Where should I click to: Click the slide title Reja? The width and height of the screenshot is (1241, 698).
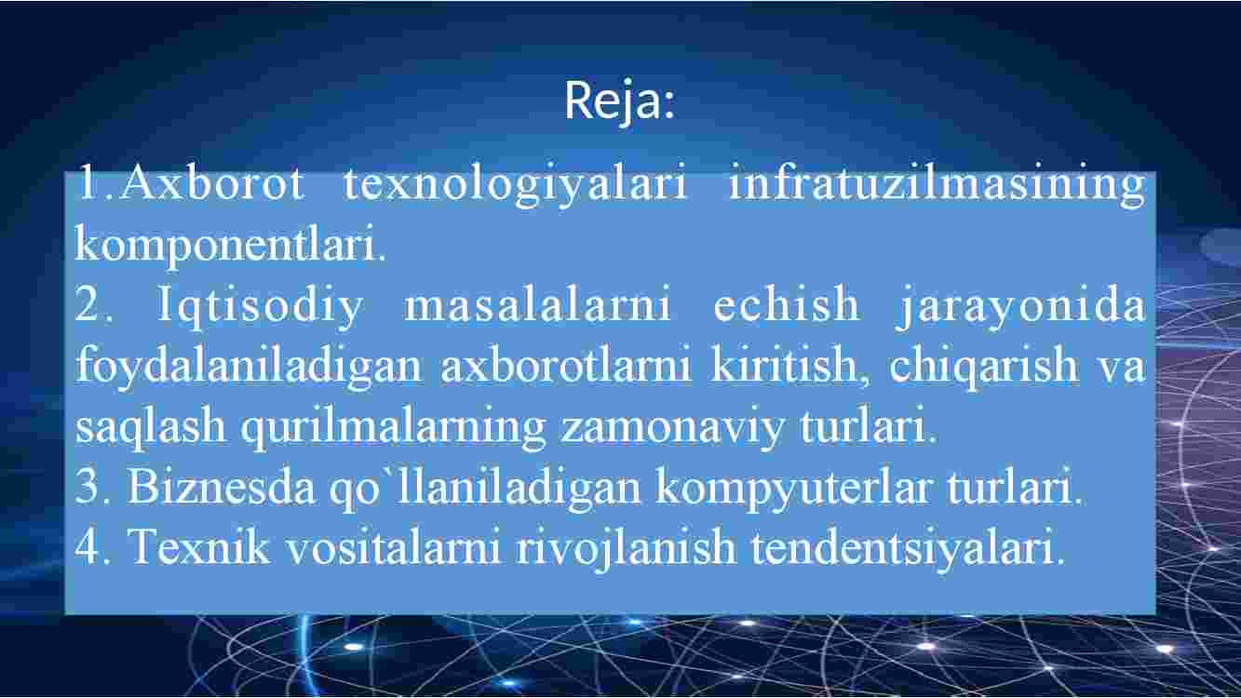click(619, 101)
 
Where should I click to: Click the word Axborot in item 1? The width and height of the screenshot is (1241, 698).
click(211, 182)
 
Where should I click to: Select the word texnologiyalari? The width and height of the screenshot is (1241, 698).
click(515, 184)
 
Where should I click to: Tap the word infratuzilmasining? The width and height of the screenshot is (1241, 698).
click(937, 184)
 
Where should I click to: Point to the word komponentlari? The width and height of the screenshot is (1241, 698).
click(230, 244)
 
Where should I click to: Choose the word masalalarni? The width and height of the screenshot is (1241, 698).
click(537, 304)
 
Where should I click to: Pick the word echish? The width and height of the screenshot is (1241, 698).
click(786, 303)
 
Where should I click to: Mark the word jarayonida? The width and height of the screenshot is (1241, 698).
click(1020, 306)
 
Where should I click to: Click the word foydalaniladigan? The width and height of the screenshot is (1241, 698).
click(249, 366)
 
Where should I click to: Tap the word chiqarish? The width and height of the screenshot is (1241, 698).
click(984, 366)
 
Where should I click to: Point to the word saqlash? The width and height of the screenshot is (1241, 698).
click(150, 427)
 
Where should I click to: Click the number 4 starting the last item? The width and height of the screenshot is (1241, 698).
click(88, 546)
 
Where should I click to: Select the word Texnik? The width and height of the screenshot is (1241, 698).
click(199, 545)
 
